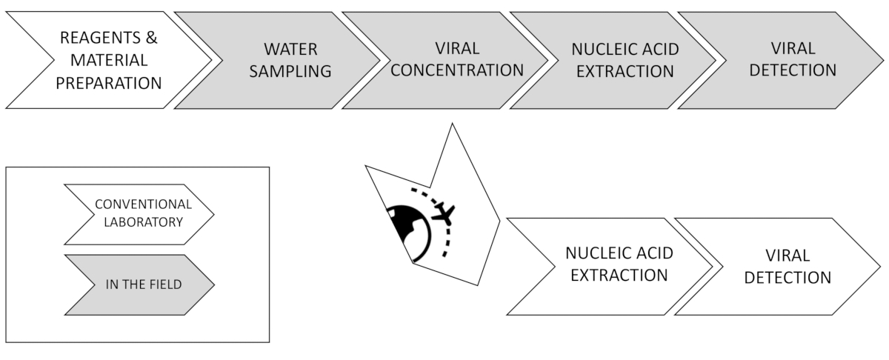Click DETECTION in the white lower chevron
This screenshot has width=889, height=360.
[788, 278]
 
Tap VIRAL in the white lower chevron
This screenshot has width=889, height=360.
[788, 255]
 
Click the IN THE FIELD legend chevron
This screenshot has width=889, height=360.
[139, 284]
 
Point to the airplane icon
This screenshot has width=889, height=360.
[443, 214]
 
